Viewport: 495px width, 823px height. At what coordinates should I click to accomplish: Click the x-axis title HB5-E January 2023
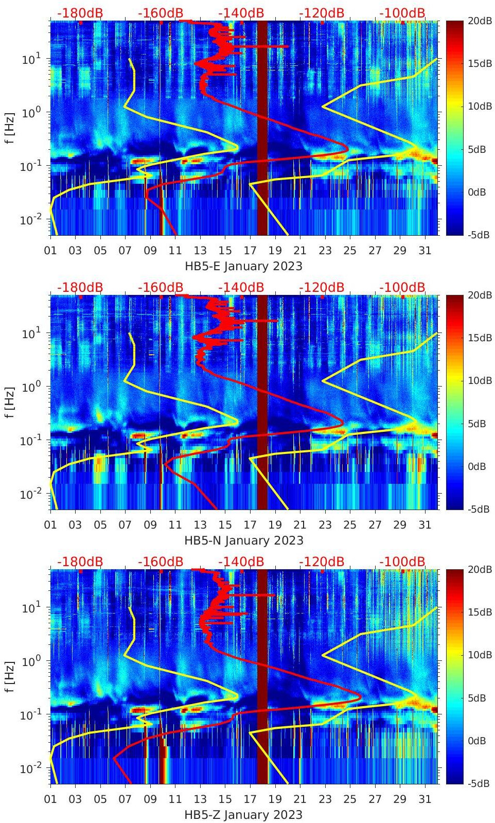[243, 267]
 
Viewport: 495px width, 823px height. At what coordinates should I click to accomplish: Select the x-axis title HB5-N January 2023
[243, 541]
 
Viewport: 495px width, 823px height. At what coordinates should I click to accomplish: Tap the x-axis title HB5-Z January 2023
[243, 815]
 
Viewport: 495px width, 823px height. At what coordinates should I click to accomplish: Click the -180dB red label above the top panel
[80, 13]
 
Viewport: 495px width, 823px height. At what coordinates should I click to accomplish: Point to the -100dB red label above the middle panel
[402, 287]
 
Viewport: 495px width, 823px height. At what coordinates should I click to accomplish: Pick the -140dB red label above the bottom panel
[241, 562]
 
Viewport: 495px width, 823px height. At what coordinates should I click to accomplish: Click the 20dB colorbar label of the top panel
[477, 21]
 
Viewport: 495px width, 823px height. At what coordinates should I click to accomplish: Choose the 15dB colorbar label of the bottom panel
[477, 612]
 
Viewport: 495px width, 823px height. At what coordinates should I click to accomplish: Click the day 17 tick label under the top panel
[250, 251]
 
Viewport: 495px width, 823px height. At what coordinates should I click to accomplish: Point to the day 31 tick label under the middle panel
[425, 525]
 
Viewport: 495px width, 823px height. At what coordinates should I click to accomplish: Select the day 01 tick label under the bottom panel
[50, 799]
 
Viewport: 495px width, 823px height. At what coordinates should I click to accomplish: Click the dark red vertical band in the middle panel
[262, 401]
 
